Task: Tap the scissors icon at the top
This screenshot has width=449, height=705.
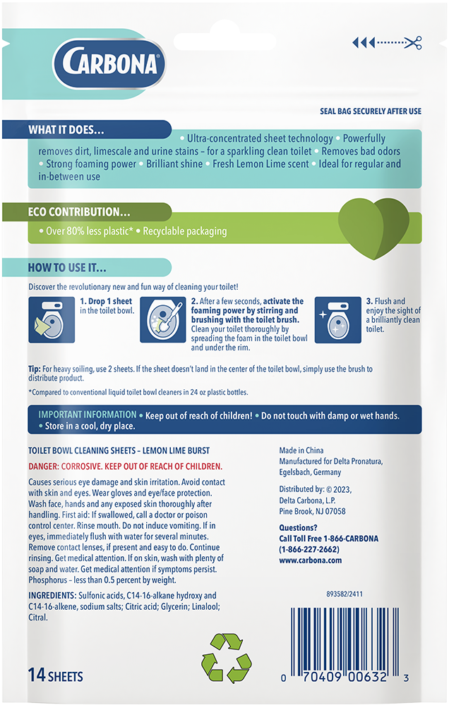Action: coord(414,43)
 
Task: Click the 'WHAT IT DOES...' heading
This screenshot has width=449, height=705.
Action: coord(66,130)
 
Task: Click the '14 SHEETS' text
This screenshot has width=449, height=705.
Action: coord(56,676)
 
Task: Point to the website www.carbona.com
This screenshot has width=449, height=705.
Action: coord(311,560)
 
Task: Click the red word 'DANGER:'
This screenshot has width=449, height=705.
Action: coord(42,467)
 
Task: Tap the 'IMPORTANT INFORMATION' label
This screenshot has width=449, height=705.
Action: coord(88,415)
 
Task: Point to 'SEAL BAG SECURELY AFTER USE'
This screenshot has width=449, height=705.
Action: coord(371,111)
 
